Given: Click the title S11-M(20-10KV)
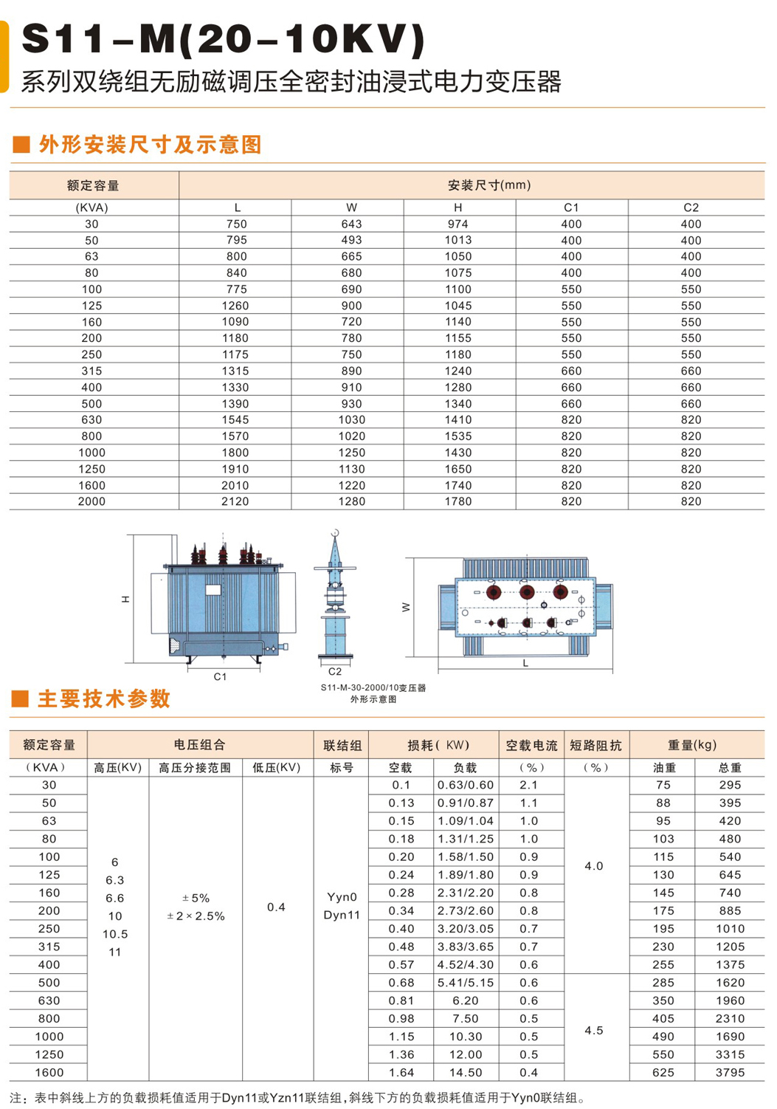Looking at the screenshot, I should (224, 39).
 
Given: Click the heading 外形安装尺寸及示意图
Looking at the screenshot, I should (150, 145).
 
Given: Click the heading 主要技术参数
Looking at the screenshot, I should (104, 698).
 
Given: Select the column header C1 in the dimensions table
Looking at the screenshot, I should (571, 207).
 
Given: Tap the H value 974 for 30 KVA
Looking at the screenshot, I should (457, 224).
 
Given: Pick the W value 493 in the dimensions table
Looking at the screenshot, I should (351, 241).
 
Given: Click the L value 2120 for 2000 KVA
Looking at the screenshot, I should (237, 502).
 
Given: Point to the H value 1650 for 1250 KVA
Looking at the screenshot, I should (457, 470).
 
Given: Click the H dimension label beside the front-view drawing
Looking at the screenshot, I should (126, 599).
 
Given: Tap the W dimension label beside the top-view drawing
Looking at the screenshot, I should (406, 607).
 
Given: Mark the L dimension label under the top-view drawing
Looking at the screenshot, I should (525, 664).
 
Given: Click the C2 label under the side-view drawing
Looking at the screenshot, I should (335, 671).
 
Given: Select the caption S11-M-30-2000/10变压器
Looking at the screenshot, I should (373, 687).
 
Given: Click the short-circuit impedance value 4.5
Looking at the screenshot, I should (594, 1031).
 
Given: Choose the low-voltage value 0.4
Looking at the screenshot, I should (276, 907).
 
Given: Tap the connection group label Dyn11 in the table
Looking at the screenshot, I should (342, 916).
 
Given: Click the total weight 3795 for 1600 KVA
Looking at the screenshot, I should (730, 1073).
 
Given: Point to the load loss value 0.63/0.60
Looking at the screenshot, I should (466, 786).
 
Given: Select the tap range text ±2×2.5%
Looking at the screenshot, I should (196, 916).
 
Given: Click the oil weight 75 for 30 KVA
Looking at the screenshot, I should (663, 786).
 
